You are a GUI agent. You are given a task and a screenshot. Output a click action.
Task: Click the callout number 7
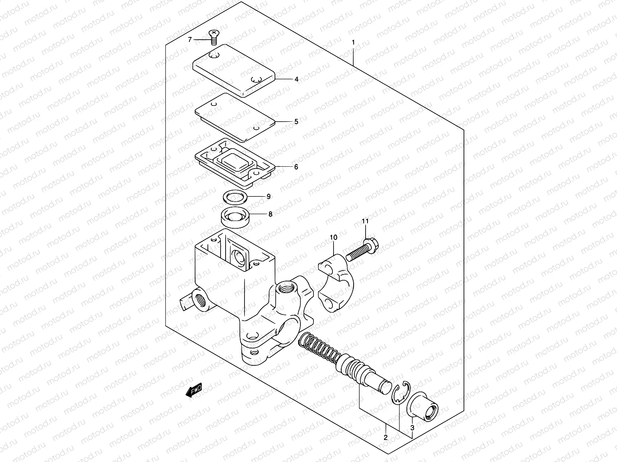[189, 40]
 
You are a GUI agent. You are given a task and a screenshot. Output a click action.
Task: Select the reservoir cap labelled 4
[233, 69]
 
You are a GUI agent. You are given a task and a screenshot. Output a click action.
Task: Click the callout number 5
[296, 122]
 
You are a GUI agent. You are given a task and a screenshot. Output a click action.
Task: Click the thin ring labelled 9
[235, 198]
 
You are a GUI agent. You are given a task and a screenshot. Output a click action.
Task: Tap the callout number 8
[270, 214]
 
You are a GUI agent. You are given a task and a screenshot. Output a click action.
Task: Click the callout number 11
[365, 221]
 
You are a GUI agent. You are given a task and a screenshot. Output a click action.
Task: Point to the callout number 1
[352, 42]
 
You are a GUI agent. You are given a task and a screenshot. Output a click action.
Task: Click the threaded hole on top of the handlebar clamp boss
[287, 287]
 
